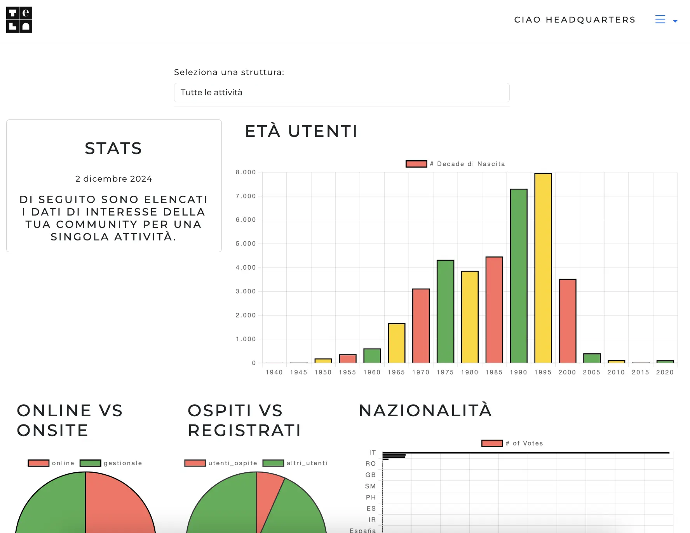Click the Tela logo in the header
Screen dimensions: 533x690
point(19,20)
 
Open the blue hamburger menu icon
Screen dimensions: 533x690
point(660,19)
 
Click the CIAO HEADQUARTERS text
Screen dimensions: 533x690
point(575,20)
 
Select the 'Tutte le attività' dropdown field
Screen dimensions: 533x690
point(342,93)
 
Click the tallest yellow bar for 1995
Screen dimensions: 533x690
point(543,268)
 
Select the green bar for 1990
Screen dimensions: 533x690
point(518,276)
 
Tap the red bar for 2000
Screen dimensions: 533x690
point(567,321)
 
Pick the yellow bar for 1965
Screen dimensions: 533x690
point(396,343)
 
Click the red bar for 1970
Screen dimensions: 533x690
point(421,326)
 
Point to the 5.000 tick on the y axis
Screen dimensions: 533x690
point(246,244)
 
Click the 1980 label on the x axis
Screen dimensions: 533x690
point(469,372)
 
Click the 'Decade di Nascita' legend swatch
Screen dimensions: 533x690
point(416,164)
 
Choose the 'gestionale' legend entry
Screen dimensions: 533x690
point(111,463)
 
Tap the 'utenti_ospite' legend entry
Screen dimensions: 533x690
point(221,463)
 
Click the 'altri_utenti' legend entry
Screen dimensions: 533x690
point(295,463)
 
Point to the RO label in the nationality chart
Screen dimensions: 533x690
point(370,464)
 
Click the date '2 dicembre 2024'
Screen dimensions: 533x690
point(113,179)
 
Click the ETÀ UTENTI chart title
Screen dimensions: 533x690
point(301,131)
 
